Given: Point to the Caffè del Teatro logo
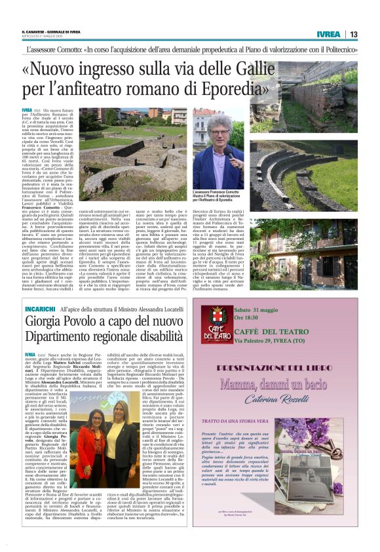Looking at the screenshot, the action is (x=217, y=325).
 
